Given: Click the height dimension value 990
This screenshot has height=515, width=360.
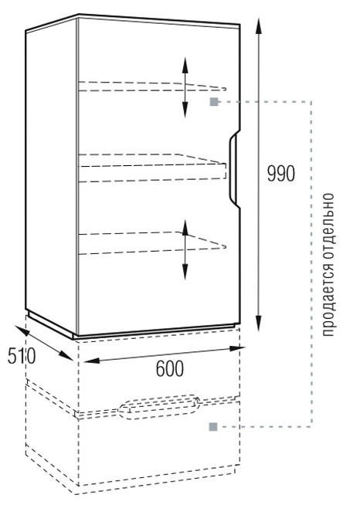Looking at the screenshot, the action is (280, 174).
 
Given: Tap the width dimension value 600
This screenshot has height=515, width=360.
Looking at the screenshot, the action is (170, 368).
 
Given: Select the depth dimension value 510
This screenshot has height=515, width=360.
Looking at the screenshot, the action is (22, 356).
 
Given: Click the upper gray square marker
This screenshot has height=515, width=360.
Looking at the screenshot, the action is (214, 101).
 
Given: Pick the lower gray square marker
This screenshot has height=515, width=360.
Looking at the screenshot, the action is (213, 427).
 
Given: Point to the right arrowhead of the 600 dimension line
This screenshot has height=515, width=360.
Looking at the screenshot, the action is (236, 348).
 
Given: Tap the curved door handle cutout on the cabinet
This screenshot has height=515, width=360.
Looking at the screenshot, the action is (233, 169).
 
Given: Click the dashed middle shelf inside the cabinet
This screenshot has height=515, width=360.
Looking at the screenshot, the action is (152, 168).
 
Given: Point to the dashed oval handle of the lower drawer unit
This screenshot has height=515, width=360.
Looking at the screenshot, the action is (159, 407).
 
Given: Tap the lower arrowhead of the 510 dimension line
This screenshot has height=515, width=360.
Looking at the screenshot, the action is (66, 355).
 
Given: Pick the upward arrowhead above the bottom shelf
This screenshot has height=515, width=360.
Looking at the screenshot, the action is (185, 227).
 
